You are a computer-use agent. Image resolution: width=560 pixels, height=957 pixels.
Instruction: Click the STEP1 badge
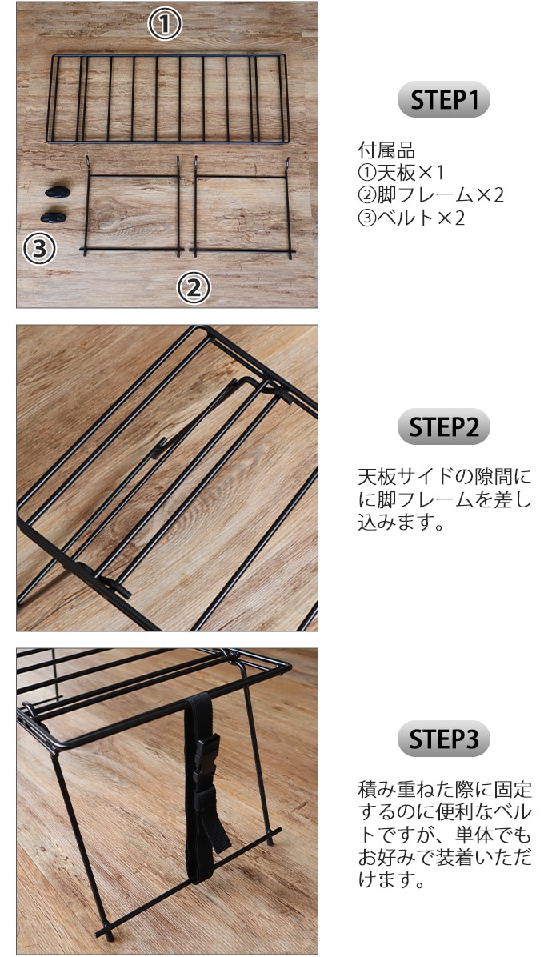point(444,101)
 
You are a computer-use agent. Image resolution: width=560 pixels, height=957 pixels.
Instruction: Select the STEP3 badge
point(444,739)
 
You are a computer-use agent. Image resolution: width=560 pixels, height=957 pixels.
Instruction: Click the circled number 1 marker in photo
point(166,25)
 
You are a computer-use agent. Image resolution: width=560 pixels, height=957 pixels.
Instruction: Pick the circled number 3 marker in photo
point(38,249)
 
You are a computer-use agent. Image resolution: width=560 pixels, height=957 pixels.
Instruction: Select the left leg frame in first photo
point(133,210)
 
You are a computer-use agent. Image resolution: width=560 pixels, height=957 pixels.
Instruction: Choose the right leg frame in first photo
point(242,210)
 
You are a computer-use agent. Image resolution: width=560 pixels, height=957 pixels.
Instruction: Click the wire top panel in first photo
point(168,98)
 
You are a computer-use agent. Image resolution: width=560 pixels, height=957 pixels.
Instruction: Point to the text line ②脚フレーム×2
point(430,194)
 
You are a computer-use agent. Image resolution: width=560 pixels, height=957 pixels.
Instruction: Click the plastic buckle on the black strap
point(205,756)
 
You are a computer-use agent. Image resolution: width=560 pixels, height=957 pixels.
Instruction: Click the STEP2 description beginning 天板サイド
point(444,500)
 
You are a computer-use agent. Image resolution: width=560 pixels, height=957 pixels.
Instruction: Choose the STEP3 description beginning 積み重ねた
point(444,835)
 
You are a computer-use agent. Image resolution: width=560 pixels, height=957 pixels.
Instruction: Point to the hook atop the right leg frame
point(287,165)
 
